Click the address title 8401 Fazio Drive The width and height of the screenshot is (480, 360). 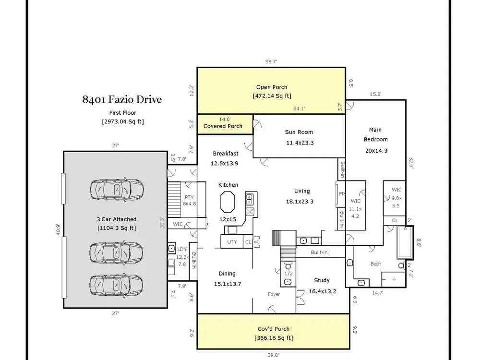tap(122, 99)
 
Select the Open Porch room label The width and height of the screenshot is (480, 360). tap(272, 87)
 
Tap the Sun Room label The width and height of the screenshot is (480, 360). tap(299, 132)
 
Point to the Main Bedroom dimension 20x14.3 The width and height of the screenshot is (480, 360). tap(376, 150)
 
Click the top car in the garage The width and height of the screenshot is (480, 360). tap(117, 190)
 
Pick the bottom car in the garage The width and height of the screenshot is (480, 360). tap(116, 284)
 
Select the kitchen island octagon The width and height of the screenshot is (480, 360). tap(228, 202)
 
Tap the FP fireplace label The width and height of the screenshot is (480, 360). tap(342, 194)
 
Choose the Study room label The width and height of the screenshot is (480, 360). tap(322, 280)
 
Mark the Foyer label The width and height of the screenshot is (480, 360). tap(274, 294)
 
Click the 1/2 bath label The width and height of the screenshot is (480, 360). tap(288, 274)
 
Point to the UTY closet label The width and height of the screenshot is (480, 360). tap(232, 241)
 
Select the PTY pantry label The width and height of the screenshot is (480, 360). tap(189, 197)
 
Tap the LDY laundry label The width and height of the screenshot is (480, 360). tap(182, 249)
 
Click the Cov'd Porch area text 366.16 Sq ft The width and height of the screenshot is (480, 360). tap(274, 337)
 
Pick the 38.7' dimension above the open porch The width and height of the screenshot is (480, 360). tap(271, 61)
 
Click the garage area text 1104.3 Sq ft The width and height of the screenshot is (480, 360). tap(117, 228)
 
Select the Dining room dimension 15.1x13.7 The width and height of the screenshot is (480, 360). tap(228, 284)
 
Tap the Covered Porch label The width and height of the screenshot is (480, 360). tap(223, 126)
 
